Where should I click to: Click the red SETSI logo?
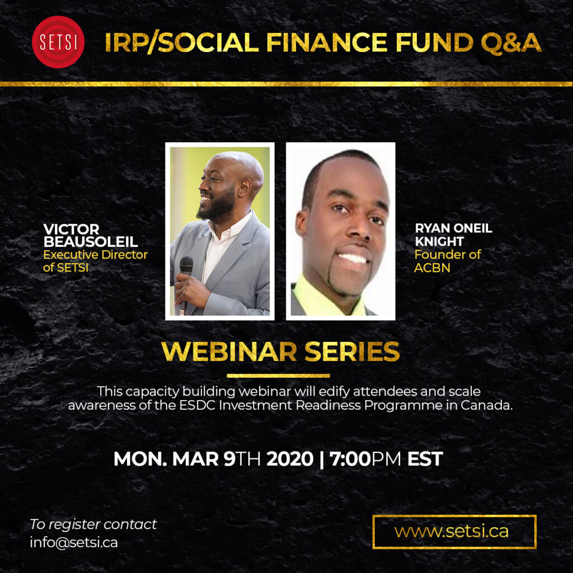(x=58, y=42)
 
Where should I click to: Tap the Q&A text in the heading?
(x=511, y=43)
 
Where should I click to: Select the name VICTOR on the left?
(x=71, y=229)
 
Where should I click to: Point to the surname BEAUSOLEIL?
(x=91, y=242)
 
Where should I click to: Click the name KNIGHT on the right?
(x=439, y=242)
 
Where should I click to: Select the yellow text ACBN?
(x=432, y=268)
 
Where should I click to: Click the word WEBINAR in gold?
(x=229, y=351)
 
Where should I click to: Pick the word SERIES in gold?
(x=352, y=351)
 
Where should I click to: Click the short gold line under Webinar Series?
(x=278, y=375)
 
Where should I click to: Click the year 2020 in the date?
(x=290, y=459)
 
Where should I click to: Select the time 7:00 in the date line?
(x=350, y=459)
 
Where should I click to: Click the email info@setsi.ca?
(x=74, y=542)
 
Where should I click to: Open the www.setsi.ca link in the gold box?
(x=452, y=532)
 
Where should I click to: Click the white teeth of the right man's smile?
(x=353, y=258)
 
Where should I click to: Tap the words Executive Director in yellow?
(x=95, y=255)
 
